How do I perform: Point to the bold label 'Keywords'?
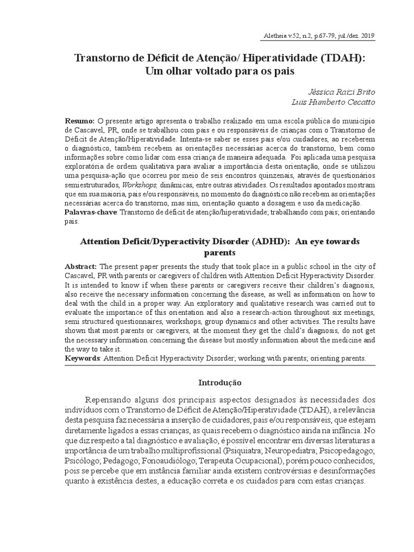click(82, 358)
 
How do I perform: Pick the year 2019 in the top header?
click(367, 36)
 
